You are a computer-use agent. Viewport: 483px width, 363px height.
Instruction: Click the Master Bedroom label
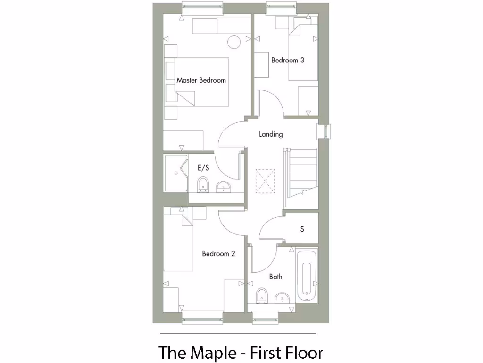201,80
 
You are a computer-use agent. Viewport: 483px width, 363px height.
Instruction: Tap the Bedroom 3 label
287,60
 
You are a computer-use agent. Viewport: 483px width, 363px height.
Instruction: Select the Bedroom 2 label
218,254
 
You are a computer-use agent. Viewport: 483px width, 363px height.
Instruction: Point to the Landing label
271,134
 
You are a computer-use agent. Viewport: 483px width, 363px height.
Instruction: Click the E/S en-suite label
203,167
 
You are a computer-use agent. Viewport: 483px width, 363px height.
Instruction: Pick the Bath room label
275,277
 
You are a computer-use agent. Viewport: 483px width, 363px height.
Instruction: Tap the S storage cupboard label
302,229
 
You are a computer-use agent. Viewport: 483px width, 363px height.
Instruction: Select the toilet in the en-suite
203,185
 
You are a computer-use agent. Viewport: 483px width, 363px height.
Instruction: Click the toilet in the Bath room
262,297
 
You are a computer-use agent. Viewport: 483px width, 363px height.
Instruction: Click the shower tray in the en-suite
175,173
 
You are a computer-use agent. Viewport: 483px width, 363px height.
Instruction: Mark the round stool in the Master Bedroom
234,42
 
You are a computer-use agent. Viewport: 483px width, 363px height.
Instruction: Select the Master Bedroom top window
202,7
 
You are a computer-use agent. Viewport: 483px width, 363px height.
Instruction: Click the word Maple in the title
214,353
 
